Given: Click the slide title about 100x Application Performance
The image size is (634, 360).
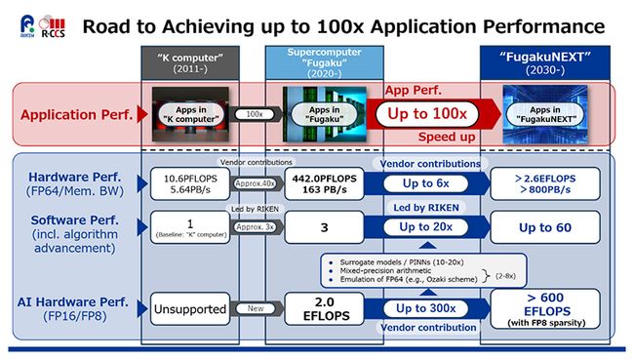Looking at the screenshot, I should (x=343, y=25).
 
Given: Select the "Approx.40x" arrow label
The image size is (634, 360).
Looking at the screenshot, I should (x=257, y=183).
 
